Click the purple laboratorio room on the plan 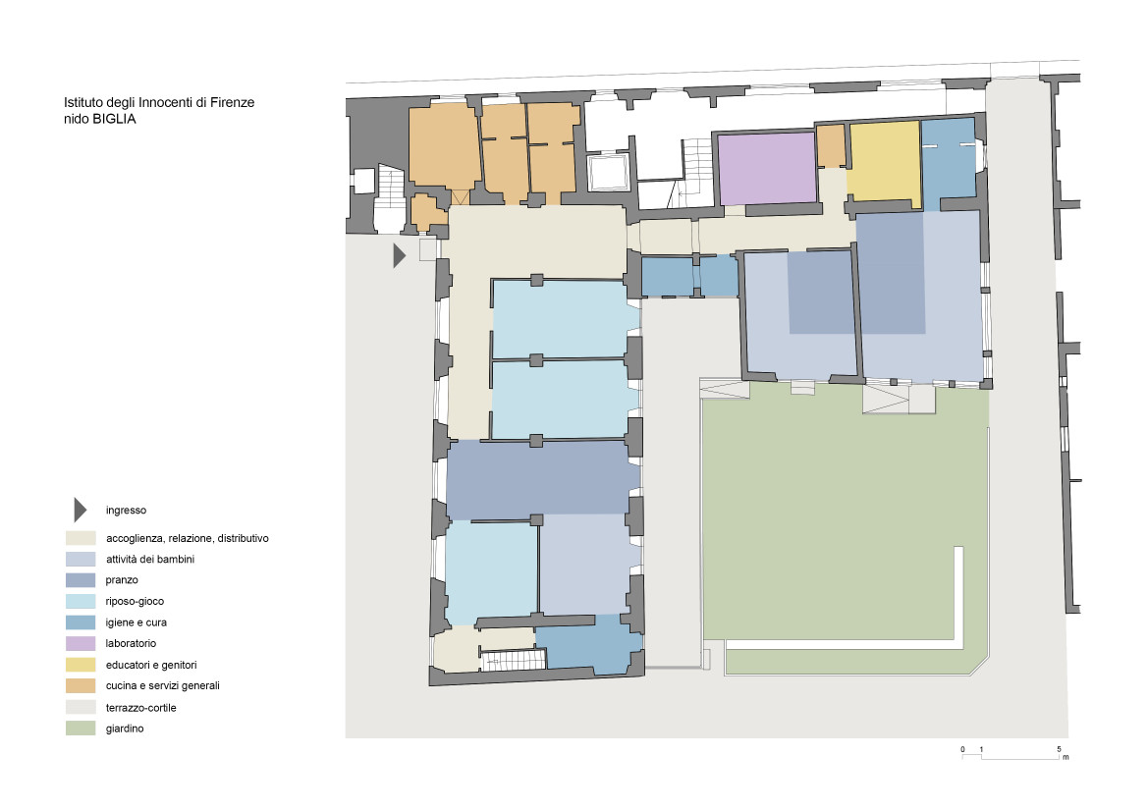tap(767, 168)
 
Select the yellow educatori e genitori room tap(885, 161)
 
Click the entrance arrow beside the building tap(399, 255)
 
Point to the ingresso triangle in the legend tap(80, 511)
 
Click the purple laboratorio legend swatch tap(81, 643)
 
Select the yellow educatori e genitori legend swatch tap(81, 665)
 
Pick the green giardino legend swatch tap(81, 729)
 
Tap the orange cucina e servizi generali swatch tap(81, 686)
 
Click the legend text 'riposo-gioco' tap(135, 602)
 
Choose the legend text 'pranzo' tap(122, 580)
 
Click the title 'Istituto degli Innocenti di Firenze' tap(159, 102)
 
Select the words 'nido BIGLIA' tap(99, 119)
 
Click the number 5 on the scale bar tap(1059, 749)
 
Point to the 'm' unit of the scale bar tap(1066, 758)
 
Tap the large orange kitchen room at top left tap(444, 146)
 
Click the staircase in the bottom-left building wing tap(514, 660)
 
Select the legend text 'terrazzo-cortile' tap(140, 708)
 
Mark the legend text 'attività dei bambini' tap(150, 560)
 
